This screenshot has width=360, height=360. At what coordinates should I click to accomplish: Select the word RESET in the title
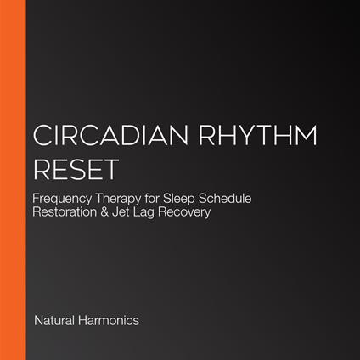(x=73, y=168)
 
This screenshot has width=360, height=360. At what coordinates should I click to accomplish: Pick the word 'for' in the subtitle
(x=166, y=199)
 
